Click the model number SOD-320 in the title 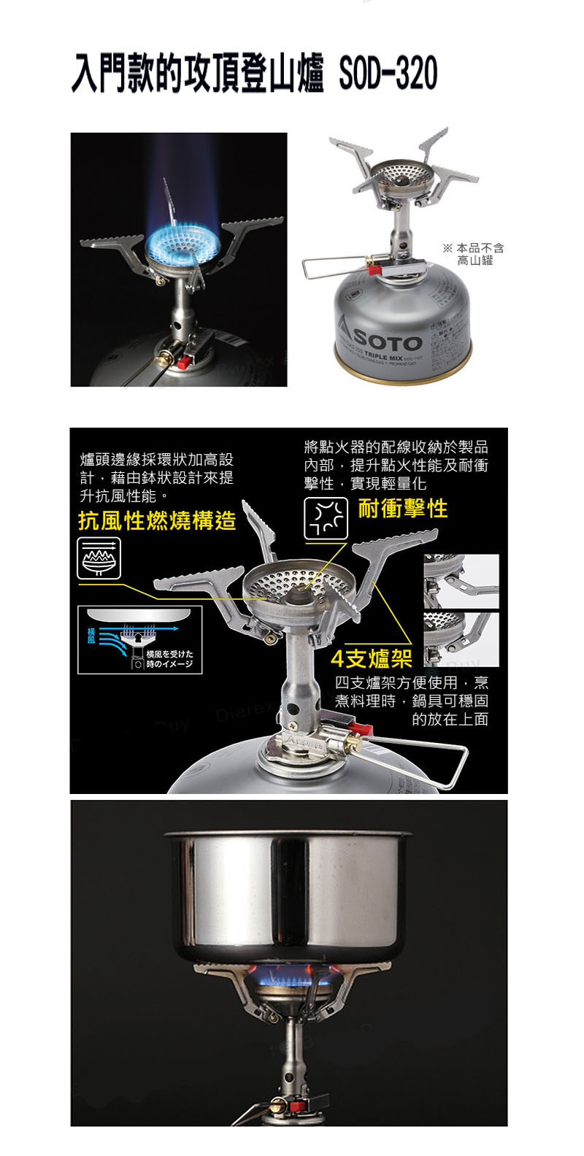point(388,74)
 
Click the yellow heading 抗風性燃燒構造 point(157,520)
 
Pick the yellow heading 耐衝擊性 point(403,509)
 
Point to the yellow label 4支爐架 point(372,659)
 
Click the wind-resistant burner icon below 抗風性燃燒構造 point(99,558)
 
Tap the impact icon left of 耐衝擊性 point(326,518)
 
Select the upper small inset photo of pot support point(461,581)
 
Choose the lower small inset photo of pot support point(461,639)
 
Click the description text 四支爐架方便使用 point(412,701)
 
